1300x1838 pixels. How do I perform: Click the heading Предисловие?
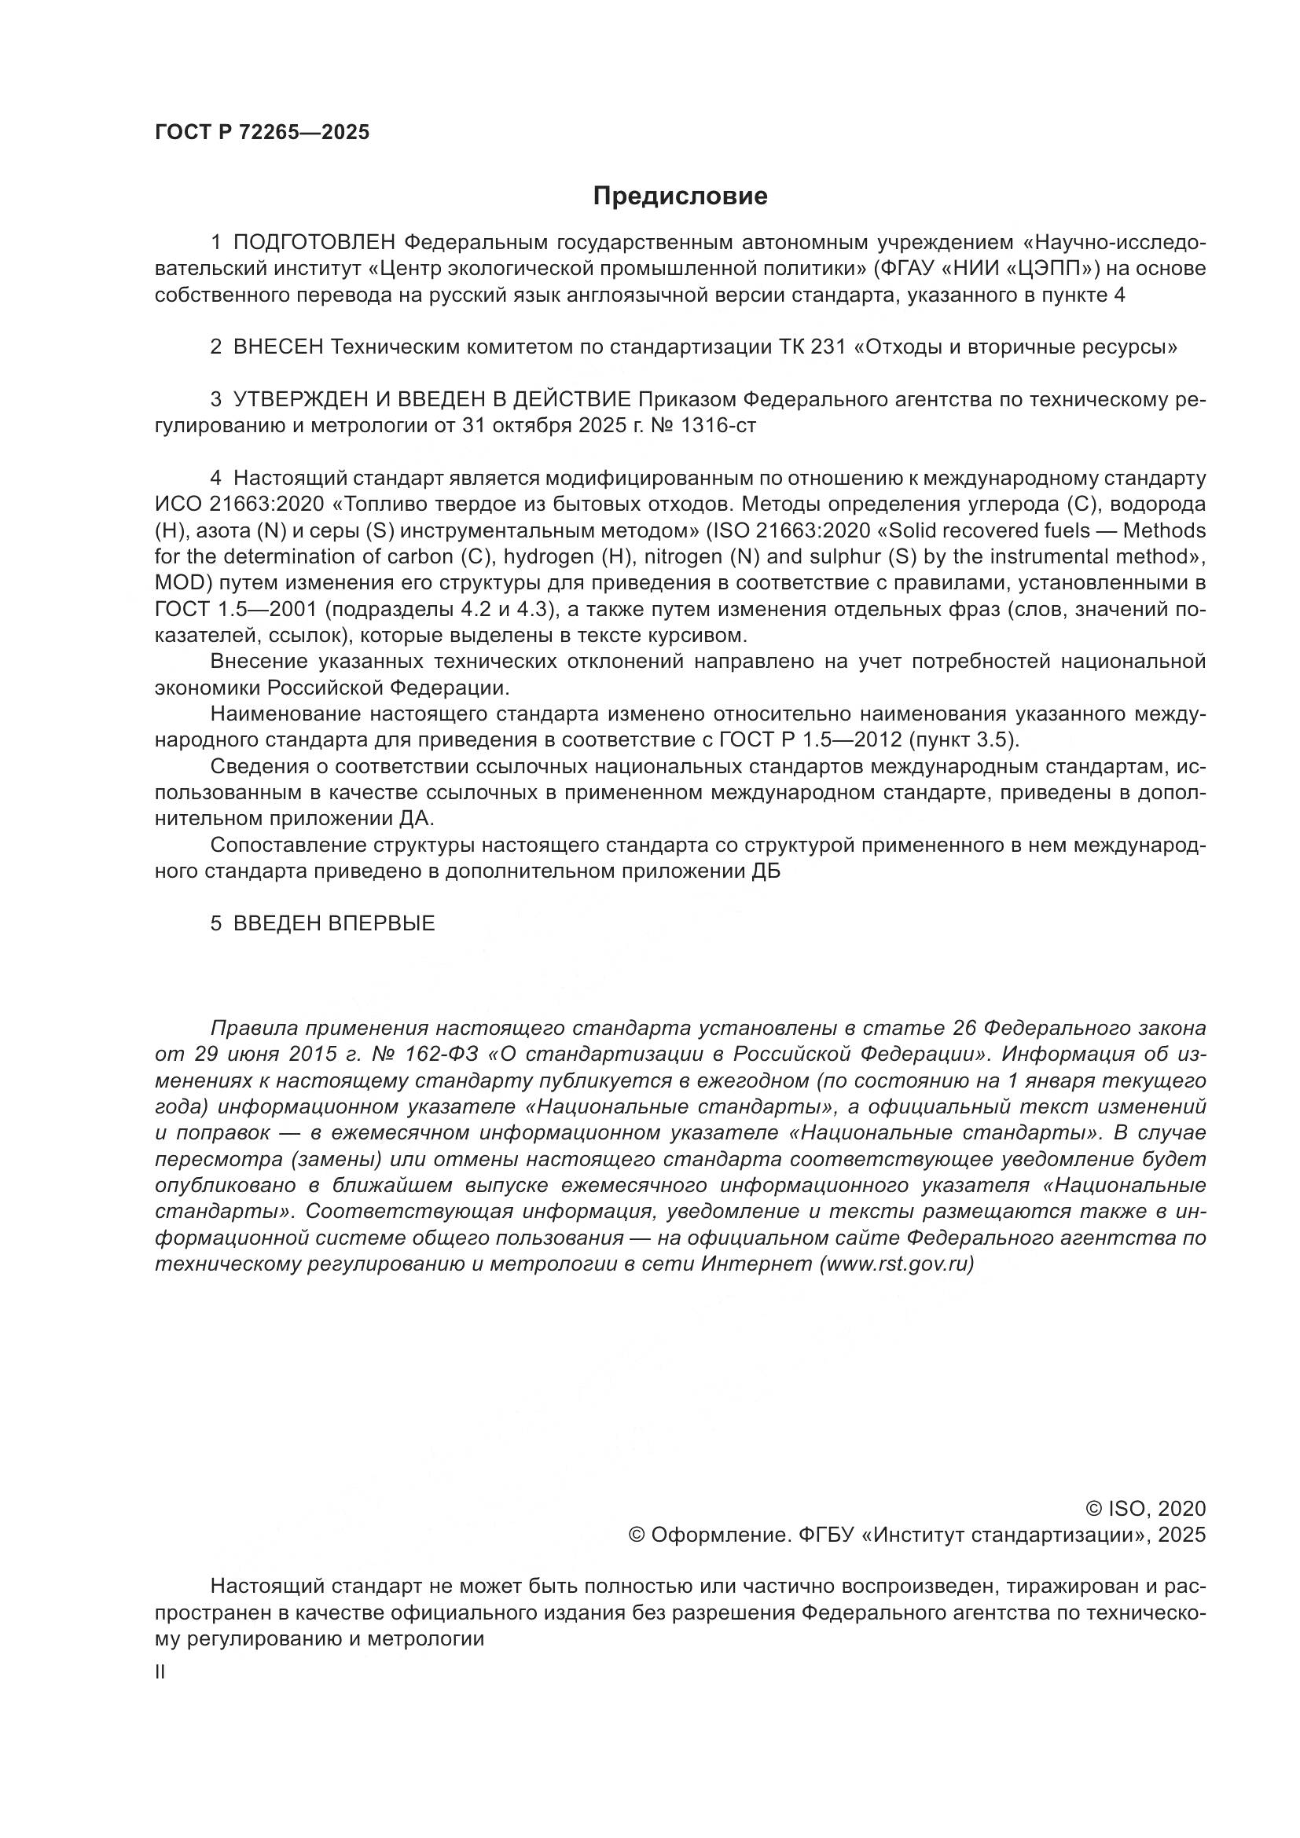[x=680, y=196]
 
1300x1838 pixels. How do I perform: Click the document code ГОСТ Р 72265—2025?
[x=262, y=133]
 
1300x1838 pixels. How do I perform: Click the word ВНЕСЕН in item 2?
[x=277, y=347]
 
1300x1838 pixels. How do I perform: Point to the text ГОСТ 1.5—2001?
[x=235, y=609]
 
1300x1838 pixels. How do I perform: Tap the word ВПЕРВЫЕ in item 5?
[x=381, y=923]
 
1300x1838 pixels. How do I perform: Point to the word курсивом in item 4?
[x=699, y=636]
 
